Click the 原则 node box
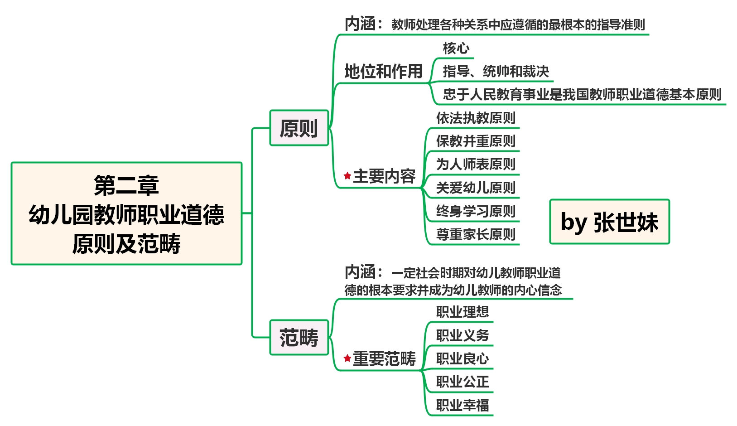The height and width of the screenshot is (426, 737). [299, 128]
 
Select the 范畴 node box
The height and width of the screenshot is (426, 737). [299, 338]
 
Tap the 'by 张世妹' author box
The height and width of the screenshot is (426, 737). [609, 222]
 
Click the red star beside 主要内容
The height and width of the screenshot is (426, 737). [347, 176]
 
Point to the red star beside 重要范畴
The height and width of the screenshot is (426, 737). [347, 358]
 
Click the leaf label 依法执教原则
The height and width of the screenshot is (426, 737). [476, 118]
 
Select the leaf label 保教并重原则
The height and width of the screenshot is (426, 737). [476, 141]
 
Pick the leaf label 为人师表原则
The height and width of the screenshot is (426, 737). [476, 164]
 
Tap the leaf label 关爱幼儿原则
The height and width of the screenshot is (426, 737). [476, 188]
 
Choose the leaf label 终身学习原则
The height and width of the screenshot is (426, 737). [476, 211]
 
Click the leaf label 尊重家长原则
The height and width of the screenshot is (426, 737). [476, 234]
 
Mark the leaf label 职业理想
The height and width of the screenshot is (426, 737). [462, 312]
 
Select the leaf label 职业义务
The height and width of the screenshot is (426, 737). [462, 335]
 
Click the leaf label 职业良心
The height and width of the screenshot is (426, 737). [462, 358]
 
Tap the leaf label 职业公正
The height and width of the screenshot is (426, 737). [462, 382]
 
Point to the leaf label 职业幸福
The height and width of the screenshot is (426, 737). [462, 405]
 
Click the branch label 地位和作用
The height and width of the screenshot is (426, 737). [383, 71]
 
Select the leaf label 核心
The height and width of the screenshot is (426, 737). [456, 48]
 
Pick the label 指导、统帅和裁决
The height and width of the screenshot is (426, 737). [496, 71]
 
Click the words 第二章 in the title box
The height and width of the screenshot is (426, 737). [126, 185]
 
